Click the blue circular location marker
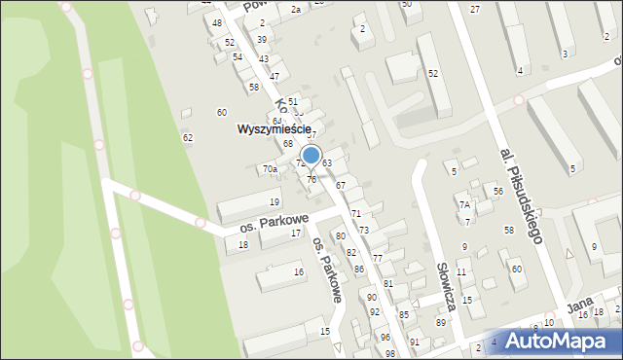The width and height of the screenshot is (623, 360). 311,155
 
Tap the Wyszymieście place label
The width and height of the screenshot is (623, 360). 275,128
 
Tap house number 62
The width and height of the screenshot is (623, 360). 187,137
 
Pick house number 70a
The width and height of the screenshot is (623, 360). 270,169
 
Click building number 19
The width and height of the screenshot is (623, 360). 275,201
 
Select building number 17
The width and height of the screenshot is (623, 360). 295,233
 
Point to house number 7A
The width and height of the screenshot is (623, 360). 465,204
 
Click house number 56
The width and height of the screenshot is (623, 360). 497,191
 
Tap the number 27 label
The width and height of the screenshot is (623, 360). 475,9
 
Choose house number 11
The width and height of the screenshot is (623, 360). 461,271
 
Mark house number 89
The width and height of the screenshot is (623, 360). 440,322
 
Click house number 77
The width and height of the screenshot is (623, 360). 377,258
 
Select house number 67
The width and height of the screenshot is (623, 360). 341,184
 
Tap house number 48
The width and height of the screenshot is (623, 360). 216,22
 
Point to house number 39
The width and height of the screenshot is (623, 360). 262,39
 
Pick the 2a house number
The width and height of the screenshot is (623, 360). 295,9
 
